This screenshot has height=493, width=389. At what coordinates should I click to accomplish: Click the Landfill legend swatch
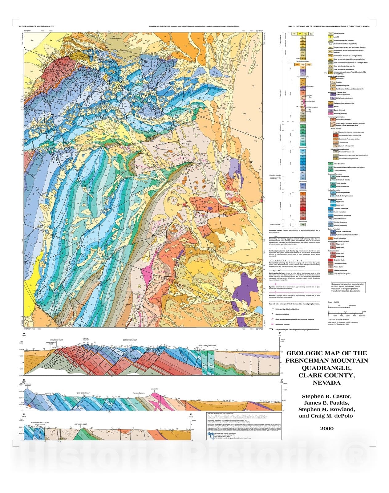coord(330,37)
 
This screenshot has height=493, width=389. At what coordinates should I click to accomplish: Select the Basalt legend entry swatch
coord(330,107)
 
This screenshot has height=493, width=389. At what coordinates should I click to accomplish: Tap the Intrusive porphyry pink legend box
coord(330,113)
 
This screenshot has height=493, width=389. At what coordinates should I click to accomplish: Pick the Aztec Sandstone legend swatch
coord(330,164)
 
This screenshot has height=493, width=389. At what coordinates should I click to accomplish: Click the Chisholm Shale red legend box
coord(330,260)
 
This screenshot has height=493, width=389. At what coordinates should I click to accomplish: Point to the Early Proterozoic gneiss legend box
coord(330,274)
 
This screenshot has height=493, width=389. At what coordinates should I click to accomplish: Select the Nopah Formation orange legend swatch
coord(330,238)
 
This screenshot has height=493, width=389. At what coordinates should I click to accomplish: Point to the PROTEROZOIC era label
coord(276,225)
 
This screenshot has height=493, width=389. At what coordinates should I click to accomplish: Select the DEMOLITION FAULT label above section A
coord(130,340)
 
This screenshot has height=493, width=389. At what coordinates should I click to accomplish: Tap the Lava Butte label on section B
coord(154,389)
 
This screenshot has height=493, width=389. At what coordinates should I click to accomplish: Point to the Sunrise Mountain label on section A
coord(86,339)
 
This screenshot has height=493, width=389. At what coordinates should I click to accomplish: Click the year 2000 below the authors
coord(326,428)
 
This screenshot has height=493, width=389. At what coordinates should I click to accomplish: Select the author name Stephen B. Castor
coord(326,396)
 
